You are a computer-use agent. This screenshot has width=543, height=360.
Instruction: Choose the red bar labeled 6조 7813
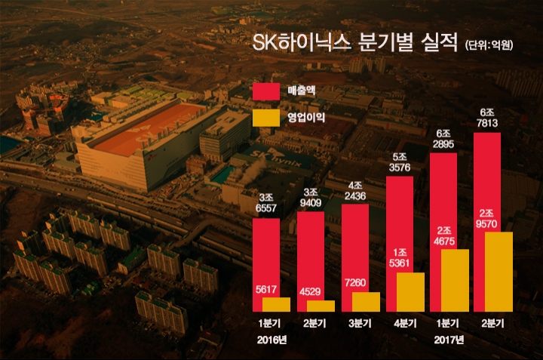(486, 181)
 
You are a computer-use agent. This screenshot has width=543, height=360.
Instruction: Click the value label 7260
(354, 284)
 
